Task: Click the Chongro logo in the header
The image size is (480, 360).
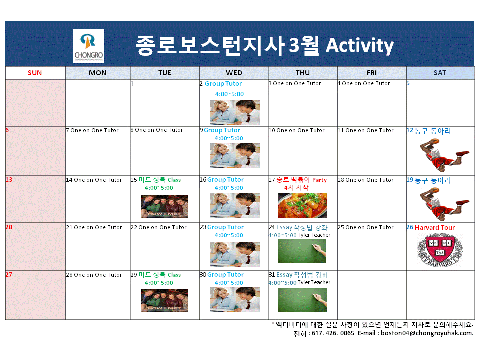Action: click(88, 46)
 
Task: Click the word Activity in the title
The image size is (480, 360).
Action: click(360, 45)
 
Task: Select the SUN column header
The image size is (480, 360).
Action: click(35, 73)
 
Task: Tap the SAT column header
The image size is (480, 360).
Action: click(440, 73)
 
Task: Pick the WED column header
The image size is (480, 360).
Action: click(234, 73)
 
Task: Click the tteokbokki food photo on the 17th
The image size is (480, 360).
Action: click(302, 205)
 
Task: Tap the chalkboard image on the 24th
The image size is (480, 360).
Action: click(302, 251)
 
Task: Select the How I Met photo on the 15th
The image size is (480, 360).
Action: click(164, 206)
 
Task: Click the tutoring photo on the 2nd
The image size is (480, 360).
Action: click(234, 112)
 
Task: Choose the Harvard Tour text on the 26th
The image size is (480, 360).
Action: click(435, 228)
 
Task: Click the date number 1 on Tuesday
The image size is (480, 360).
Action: click(132, 84)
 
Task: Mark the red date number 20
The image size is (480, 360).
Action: click(9, 227)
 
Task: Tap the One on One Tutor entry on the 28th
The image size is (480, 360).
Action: click(98, 275)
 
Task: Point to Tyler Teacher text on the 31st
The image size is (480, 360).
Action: click(314, 282)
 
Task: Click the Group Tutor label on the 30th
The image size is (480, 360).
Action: click(225, 275)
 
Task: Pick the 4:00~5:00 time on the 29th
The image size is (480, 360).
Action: click(159, 283)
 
